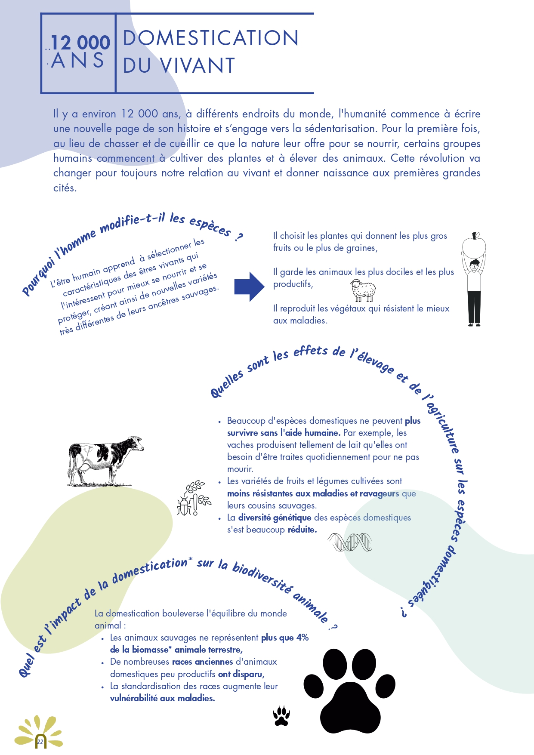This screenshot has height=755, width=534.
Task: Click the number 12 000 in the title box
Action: (80, 43)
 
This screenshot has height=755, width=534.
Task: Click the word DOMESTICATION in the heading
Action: (210, 38)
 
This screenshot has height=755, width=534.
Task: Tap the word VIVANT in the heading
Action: (198, 66)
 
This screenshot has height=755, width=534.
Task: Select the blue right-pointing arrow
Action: (249, 287)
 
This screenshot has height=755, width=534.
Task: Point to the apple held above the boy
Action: (474, 246)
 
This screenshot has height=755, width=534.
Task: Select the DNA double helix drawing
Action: (350, 542)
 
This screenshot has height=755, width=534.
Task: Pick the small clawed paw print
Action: (281, 716)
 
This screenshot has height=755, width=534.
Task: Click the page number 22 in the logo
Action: (40, 742)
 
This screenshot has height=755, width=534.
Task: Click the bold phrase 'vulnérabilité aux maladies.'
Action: (162, 698)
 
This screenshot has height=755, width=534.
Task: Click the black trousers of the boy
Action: (474, 306)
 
